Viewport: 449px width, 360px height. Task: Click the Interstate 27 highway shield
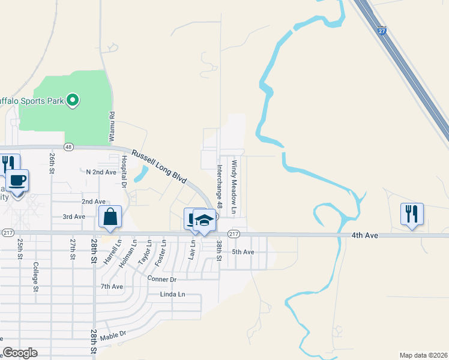(x=382, y=31)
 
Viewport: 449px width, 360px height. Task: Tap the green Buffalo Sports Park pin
(x=73, y=100)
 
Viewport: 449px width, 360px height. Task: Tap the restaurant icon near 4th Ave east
(x=412, y=214)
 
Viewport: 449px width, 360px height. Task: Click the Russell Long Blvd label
(x=159, y=167)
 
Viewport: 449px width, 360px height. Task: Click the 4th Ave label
(x=365, y=236)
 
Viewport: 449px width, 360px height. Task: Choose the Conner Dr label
(x=161, y=279)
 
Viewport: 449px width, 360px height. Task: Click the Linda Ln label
(x=172, y=294)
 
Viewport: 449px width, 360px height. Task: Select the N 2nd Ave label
(x=101, y=172)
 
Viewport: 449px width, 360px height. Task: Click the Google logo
(x=20, y=353)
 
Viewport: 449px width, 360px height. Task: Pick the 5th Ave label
(x=244, y=252)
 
